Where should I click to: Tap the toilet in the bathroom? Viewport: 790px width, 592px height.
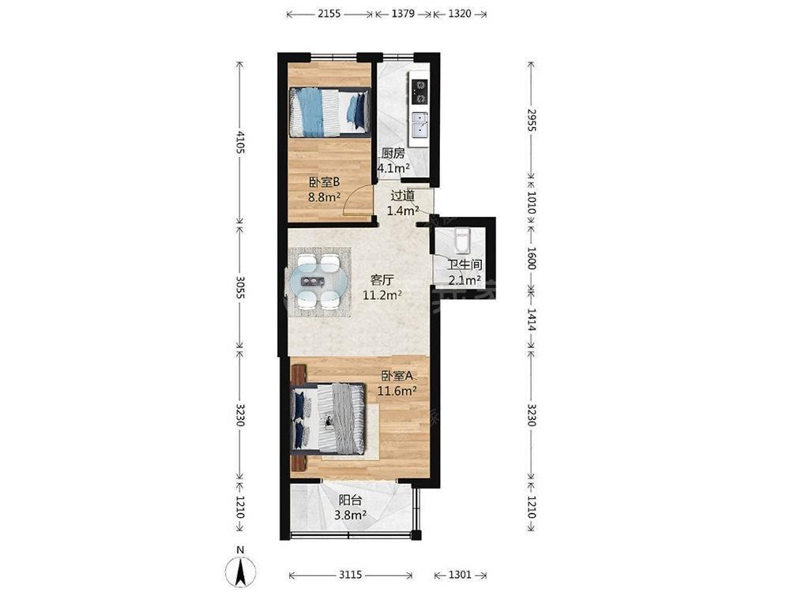click(x=462, y=240)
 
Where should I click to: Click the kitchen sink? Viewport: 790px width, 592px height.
click(x=419, y=125)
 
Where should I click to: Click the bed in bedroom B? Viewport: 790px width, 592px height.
click(x=329, y=112)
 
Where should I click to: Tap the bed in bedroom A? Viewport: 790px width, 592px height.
click(x=329, y=418)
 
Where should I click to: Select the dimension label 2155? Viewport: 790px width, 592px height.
click(x=329, y=13)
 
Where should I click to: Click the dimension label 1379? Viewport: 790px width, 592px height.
click(x=403, y=13)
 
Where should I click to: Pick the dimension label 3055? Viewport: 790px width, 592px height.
click(x=240, y=288)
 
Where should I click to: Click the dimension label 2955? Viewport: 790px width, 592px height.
click(x=531, y=120)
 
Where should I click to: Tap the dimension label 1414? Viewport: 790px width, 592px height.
click(x=531, y=320)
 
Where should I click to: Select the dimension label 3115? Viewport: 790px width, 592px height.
click(x=350, y=575)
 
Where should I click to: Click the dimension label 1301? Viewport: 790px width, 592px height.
click(x=460, y=575)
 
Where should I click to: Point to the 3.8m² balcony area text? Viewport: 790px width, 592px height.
click(x=350, y=515)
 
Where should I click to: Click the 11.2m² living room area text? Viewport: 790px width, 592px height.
click(x=382, y=295)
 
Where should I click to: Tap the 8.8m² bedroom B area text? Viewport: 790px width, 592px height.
click(x=325, y=197)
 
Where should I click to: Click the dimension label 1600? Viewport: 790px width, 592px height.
click(x=531, y=258)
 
